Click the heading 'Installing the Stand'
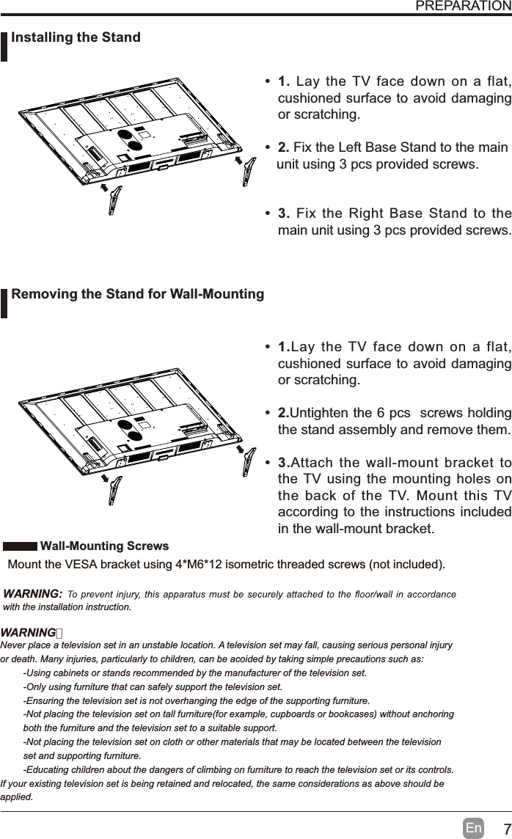(x=76, y=37)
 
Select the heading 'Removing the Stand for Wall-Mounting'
(x=138, y=294)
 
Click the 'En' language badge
(x=474, y=828)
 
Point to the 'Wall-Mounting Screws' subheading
(x=104, y=546)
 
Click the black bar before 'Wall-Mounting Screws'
(x=20, y=547)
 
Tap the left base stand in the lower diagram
(x=112, y=494)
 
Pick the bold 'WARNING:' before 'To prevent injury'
(x=32, y=593)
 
